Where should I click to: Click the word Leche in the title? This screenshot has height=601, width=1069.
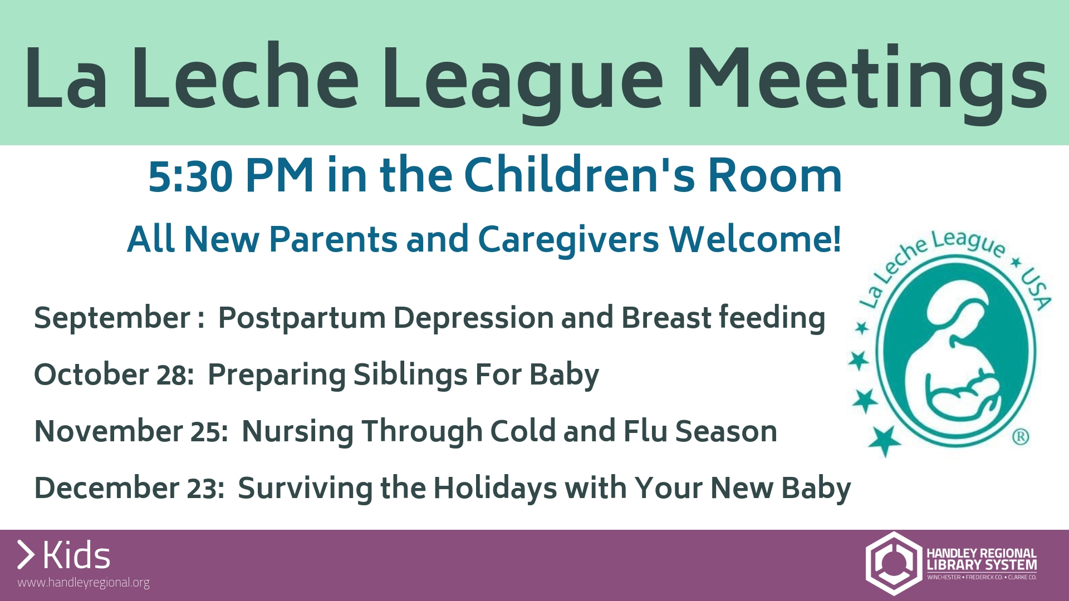(x=246, y=77)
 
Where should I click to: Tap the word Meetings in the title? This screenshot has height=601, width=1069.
(x=867, y=82)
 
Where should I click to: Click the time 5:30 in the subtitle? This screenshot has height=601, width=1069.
(x=190, y=176)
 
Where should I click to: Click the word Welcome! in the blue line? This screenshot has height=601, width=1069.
(x=755, y=239)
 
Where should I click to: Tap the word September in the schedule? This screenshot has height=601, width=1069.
(x=112, y=319)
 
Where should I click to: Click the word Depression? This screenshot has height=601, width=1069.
(x=473, y=319)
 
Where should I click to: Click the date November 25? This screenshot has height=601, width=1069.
(x=131, y=432)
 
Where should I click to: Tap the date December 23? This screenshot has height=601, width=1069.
(x=129, y=488)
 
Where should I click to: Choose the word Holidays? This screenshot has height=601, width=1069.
(x=495, y=489)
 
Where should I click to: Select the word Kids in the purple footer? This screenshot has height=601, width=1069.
(x=77, y=555)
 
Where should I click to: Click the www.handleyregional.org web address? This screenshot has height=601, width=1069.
(x=84, y=583)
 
